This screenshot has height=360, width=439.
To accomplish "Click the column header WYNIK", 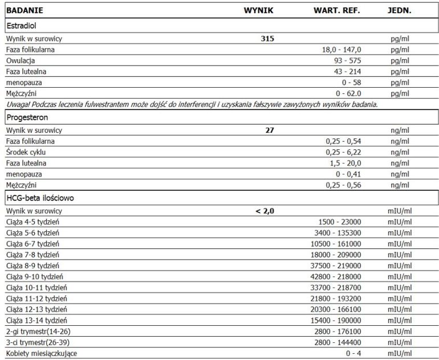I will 259,11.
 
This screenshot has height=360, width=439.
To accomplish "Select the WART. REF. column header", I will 337,11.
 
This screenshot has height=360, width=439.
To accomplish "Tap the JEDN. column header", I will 399,11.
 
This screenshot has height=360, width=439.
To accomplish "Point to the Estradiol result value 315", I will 267,39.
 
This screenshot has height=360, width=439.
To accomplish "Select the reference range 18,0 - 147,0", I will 342,50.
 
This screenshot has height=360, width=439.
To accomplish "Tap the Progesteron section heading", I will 27,117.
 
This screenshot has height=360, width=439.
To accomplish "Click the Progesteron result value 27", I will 270,130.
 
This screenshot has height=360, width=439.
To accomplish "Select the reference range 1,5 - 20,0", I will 345,162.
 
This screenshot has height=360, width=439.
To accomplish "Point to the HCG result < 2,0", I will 265,211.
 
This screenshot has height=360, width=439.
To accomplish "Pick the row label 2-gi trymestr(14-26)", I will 38,332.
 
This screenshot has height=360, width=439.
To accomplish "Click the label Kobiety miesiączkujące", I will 41,353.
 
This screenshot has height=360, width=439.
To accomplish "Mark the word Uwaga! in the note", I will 17,104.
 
